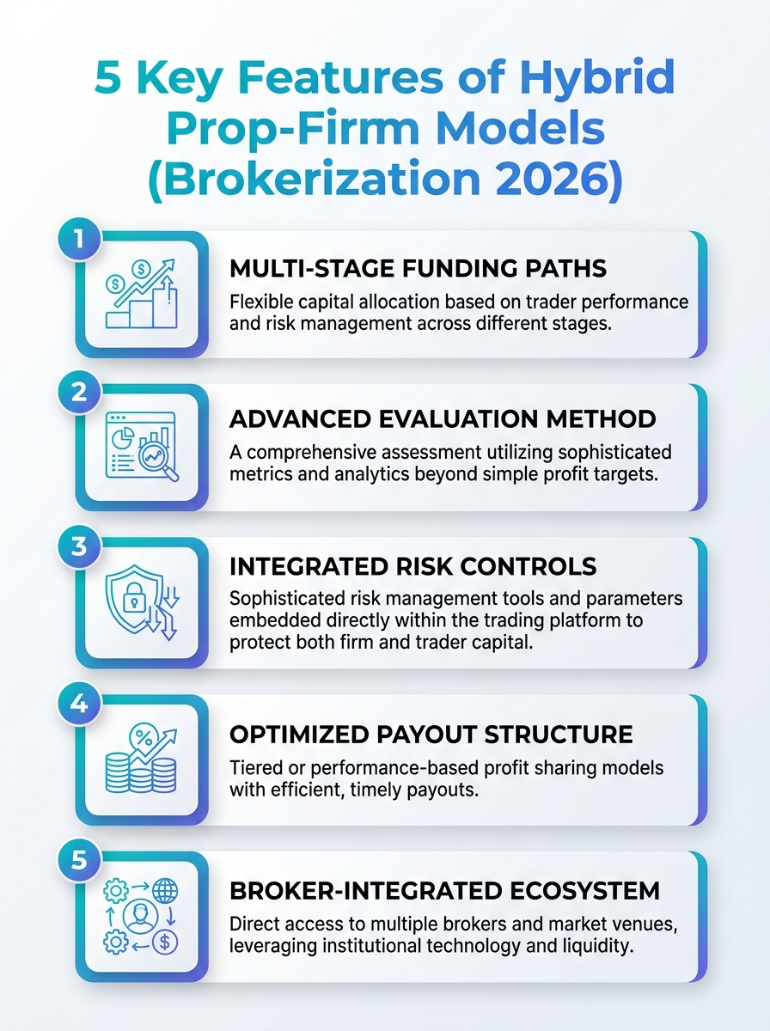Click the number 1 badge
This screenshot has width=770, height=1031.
pos(79,239)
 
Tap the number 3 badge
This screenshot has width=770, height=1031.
pos(79,546)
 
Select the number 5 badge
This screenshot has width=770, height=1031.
pos(79,860)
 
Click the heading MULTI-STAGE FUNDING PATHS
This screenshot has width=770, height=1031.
pos(418,269)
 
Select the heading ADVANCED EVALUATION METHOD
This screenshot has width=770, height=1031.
pos(442,419)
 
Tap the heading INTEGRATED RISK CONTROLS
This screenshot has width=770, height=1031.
pos(413,567)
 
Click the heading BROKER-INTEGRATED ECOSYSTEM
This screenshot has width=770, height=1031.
pos(444,891)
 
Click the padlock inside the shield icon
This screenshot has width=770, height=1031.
pos(134,597)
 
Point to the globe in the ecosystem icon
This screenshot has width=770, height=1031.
pos(165,891)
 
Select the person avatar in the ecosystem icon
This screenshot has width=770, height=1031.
pos(140,917)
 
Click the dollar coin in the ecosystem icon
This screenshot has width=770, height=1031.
pos(165,943)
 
